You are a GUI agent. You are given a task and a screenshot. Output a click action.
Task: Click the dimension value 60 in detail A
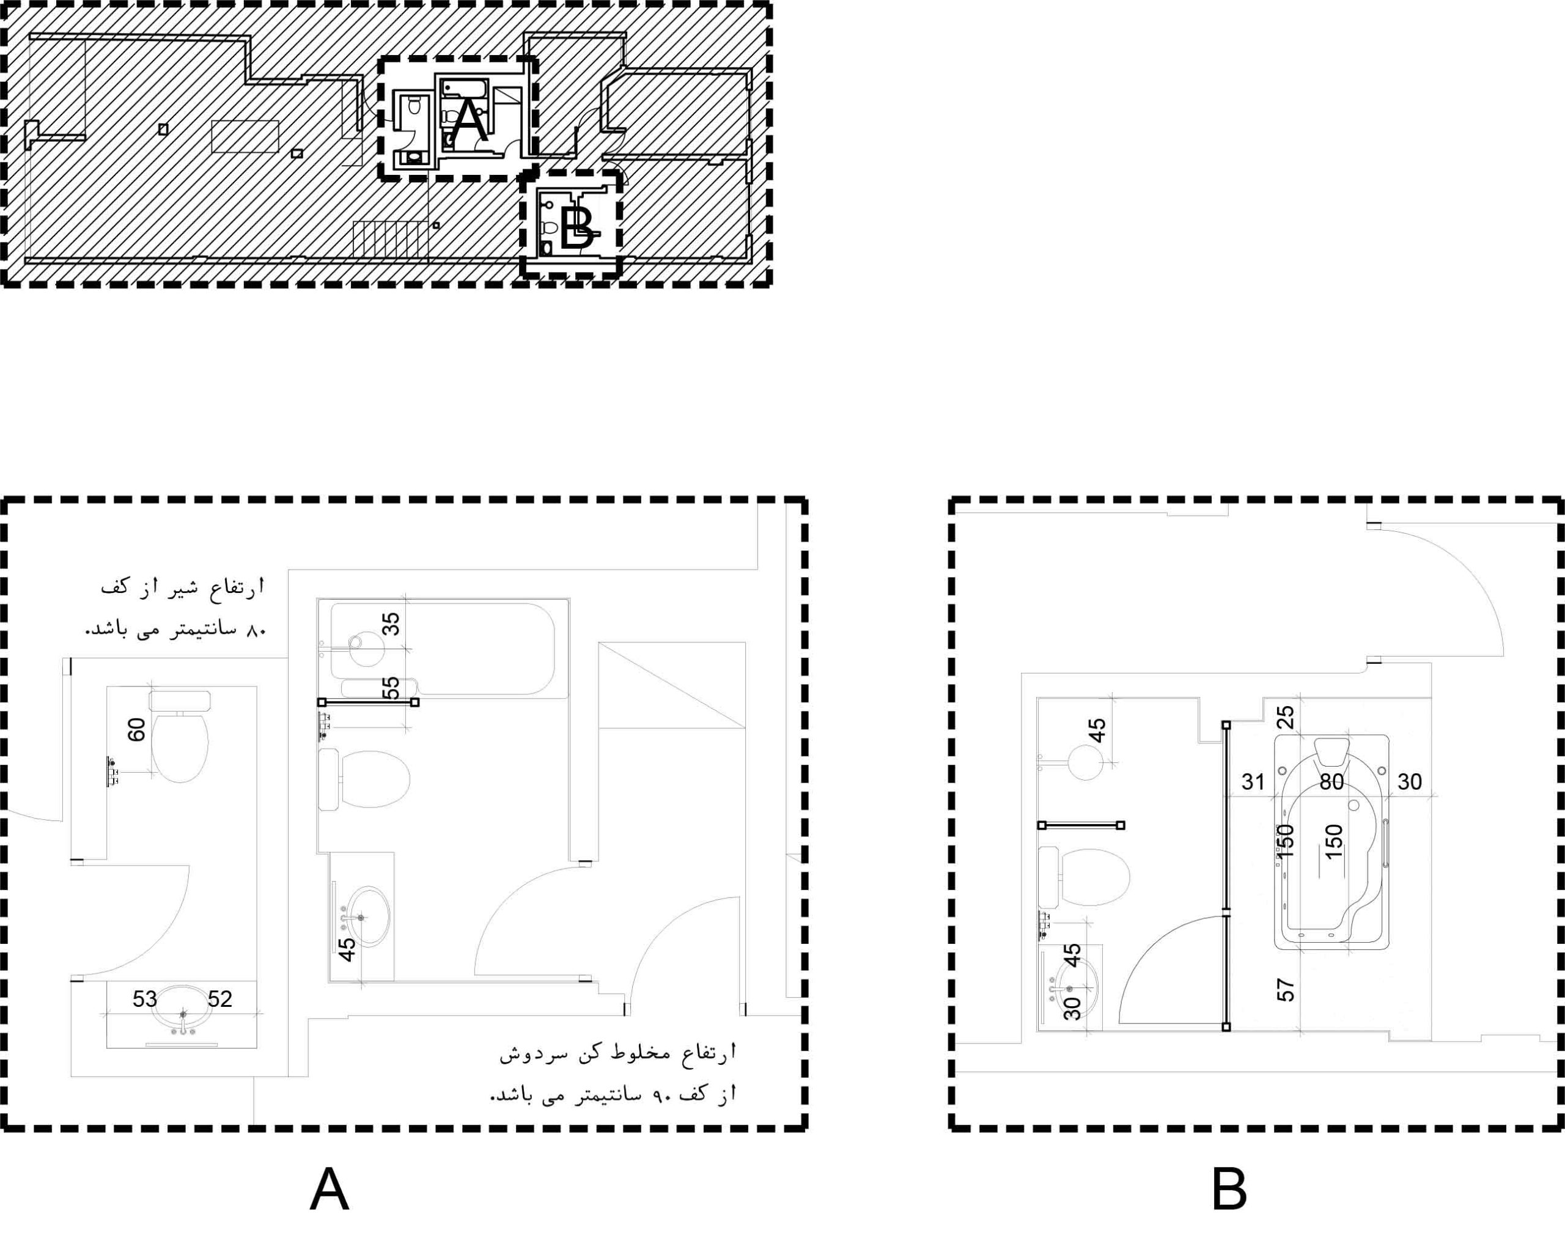(x=136, y=729)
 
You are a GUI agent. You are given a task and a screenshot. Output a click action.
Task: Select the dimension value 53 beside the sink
(x=144, y=1000)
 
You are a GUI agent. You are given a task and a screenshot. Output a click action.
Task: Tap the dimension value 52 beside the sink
(x=220, y=1000)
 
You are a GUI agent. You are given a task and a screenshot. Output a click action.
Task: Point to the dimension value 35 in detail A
(x=391, y=624)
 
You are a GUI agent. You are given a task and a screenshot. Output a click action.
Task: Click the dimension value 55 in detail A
(x=391, y=688)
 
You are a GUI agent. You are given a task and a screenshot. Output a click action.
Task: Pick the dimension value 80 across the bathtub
(x=1331, y=782)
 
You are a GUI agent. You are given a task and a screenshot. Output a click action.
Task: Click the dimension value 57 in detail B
(x=1286, y=990)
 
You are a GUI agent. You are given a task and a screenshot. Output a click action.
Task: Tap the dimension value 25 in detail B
(x=1286, y=718)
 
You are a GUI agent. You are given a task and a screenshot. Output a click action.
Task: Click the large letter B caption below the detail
(x=1229, y=1190)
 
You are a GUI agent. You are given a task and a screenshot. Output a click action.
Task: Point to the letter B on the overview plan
(x=578, y=229)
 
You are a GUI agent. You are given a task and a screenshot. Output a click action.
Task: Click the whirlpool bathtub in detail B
(x=1332, y=841)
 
